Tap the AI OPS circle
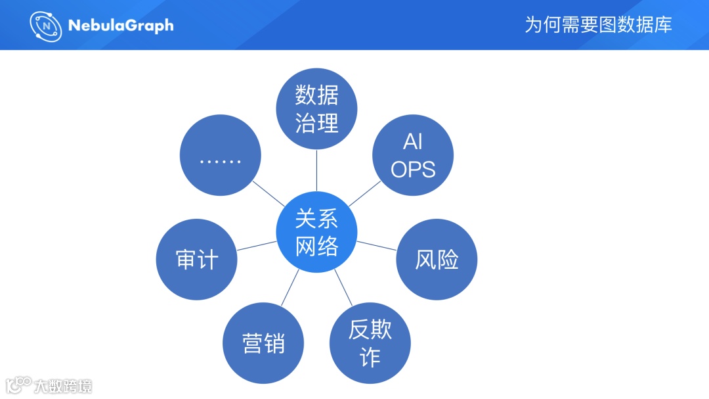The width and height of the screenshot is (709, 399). point(413,155)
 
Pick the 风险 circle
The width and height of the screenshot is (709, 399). point(437,260)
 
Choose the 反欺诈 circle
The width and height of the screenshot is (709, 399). point(370,343)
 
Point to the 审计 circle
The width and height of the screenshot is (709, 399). point(196,260)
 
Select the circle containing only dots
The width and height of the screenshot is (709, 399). point(220,155)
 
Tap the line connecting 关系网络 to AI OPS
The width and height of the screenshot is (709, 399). point(364,194)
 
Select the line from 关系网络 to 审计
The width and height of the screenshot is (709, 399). point(257,246)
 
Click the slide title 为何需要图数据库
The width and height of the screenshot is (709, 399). point(598,25)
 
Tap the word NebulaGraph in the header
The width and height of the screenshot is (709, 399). point(121,26)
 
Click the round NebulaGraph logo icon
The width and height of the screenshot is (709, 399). point(46,26)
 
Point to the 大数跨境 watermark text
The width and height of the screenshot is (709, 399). point(64,386)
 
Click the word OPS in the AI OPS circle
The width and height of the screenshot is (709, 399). point(413,169)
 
